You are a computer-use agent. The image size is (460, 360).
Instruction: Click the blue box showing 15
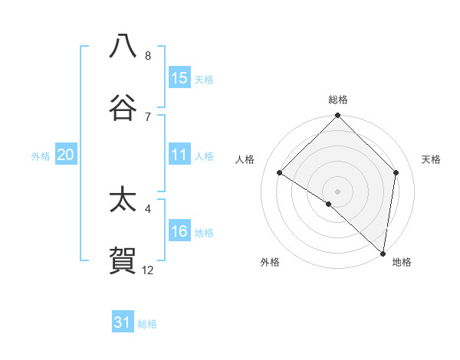click(x=179, y=78)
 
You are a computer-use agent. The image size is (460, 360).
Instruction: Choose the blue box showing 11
click(x=179, y=155)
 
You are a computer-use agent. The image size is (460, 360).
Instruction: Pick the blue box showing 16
click(x=179, y=231)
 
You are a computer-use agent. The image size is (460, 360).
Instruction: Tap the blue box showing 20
click(x=65, y=155)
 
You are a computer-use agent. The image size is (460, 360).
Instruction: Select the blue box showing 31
click(x=123, y=322)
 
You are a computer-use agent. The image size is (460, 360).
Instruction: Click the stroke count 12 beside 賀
click(x=148, y=270)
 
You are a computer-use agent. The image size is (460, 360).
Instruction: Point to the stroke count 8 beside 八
click(x=148, y=56)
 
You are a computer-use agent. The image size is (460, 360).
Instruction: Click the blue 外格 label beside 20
click(x=41, y=155)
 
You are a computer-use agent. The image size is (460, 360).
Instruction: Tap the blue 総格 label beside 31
click(x=147, y=324)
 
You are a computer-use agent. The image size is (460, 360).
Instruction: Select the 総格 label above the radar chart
click(x=338, y=100)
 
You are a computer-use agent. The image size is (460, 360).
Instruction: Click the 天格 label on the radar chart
click(x=432, y=159)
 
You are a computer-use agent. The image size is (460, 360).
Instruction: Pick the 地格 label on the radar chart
click(x=402, y=262)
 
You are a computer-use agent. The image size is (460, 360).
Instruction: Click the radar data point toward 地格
click(x=383, y=252)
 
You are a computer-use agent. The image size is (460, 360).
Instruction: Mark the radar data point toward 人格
click(x=280, y=172)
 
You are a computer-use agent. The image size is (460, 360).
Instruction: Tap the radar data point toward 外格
click(x=329, y=204)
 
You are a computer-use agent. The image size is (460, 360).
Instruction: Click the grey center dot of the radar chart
click(x=338, y=191)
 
